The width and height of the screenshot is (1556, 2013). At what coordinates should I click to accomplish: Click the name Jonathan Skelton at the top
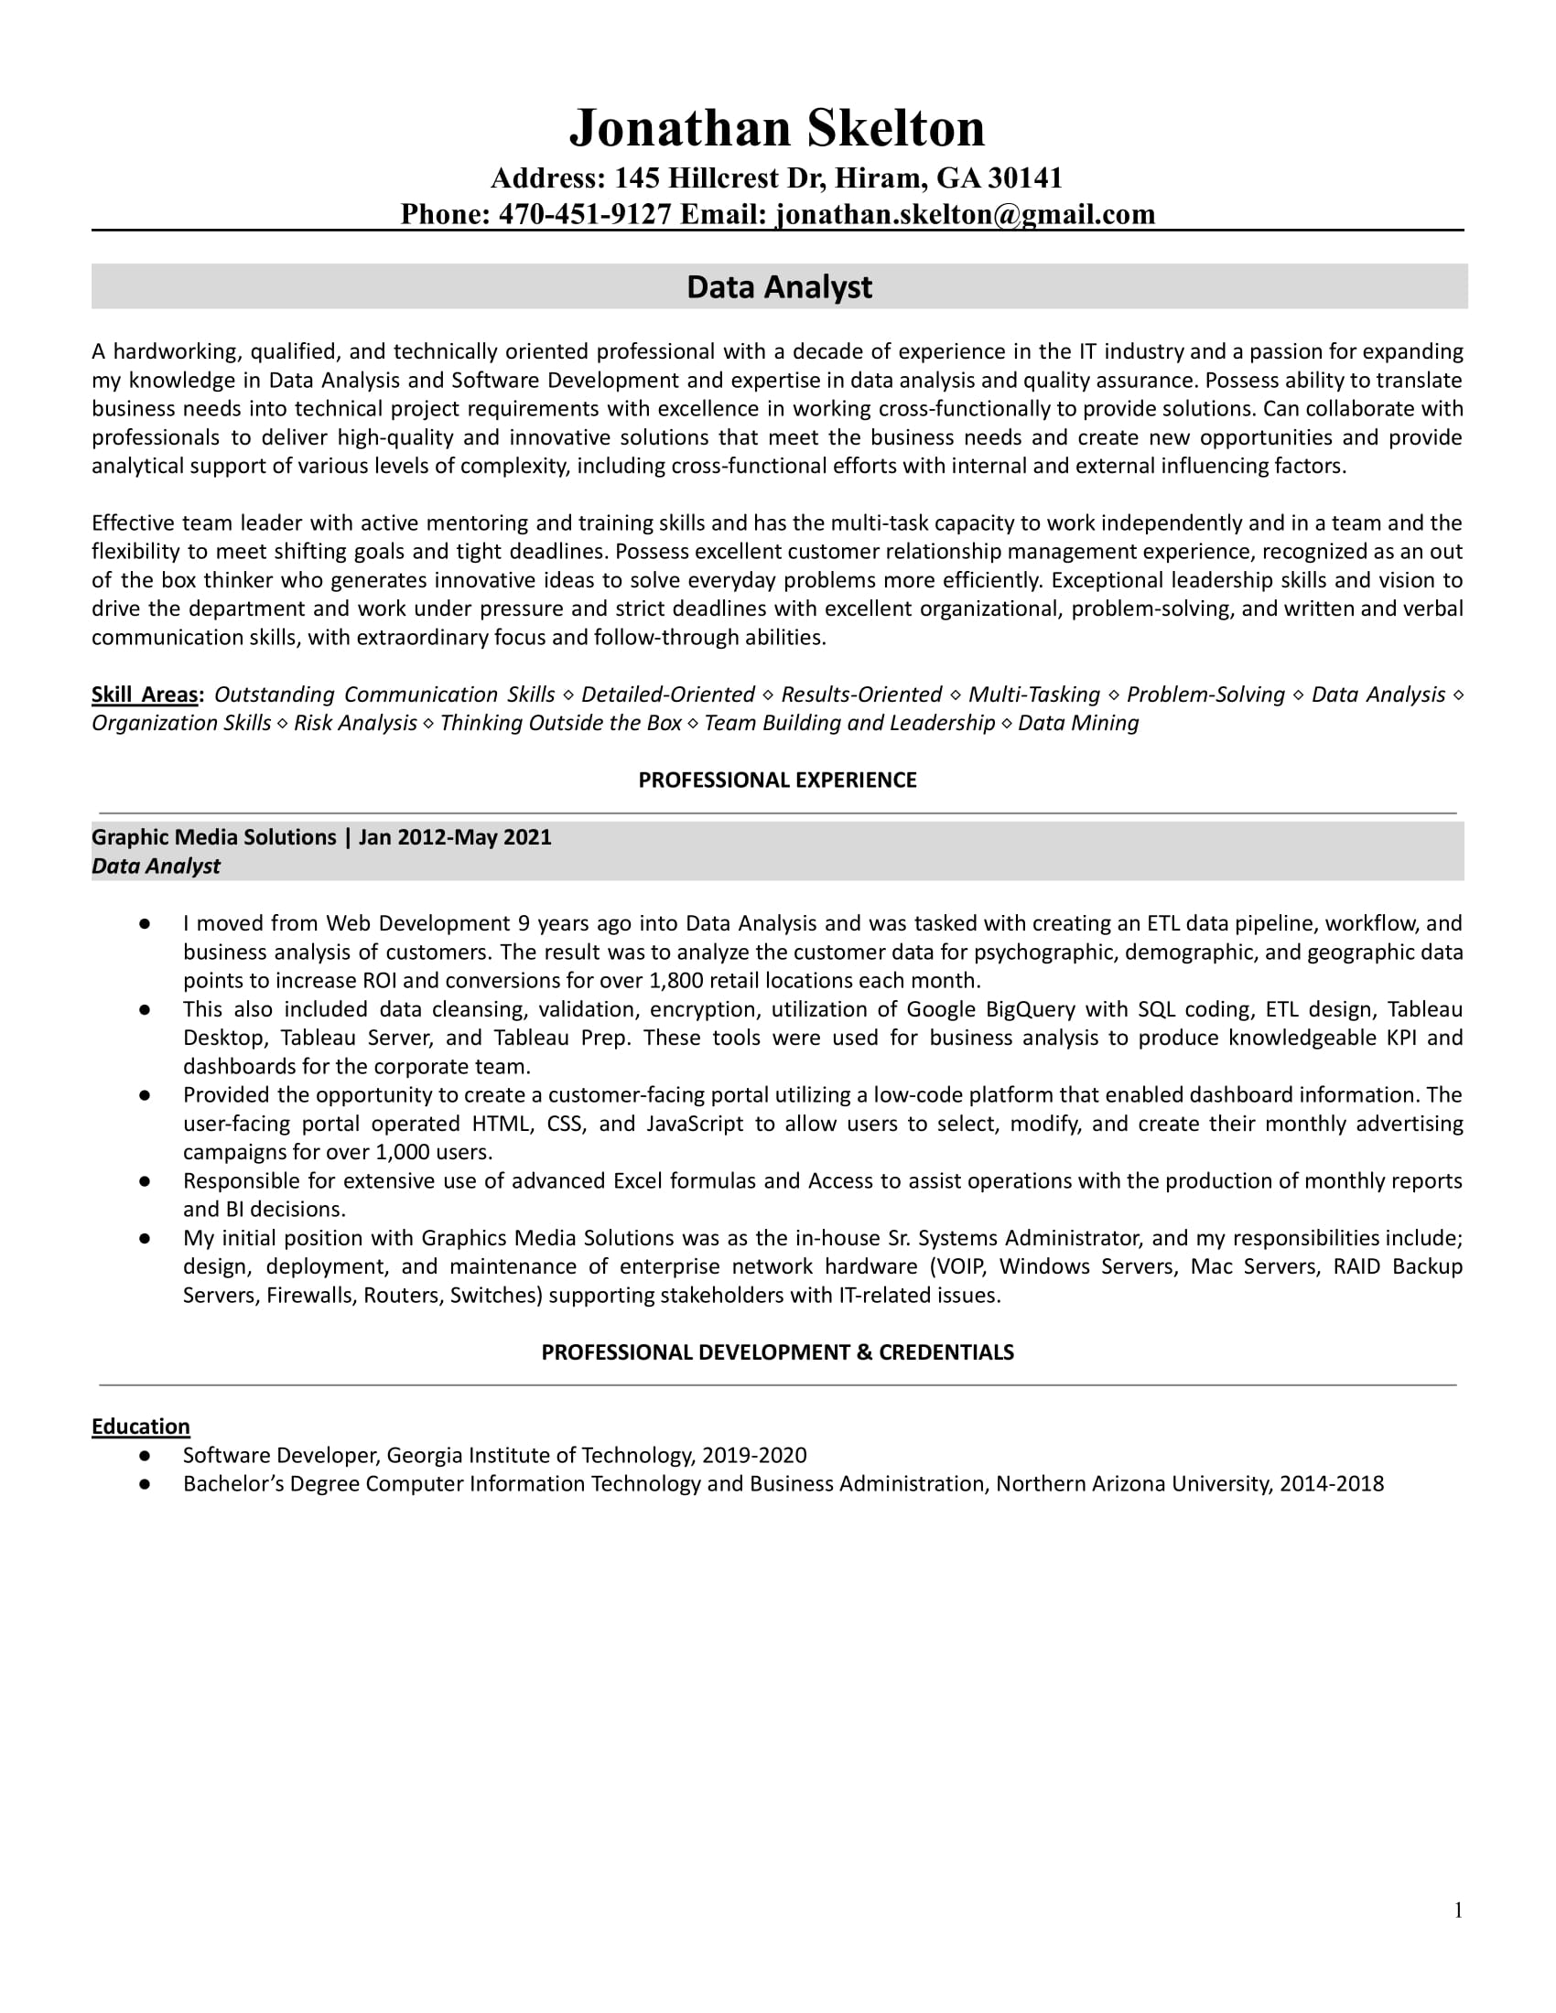(777, 128)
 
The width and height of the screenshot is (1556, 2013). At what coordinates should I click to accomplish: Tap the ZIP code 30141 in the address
(1025, 178)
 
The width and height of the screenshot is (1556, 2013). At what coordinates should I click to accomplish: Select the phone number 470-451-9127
(585, 214)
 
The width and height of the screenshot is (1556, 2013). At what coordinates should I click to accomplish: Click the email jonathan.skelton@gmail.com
(965, 214)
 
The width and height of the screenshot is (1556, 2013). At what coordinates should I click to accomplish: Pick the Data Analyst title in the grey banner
(779, 286)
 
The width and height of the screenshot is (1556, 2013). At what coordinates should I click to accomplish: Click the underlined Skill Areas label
(146, 695)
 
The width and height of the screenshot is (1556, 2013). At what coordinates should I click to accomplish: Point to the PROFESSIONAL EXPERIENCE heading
(777, 780)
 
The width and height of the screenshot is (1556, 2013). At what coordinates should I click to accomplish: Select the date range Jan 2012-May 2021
(455, 837)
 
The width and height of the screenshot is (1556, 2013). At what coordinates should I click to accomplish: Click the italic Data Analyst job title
(156, 867)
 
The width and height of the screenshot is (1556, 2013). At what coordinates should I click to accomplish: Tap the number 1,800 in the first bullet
(675, 981)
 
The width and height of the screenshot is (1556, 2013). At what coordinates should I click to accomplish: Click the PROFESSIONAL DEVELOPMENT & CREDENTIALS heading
(777, 1352)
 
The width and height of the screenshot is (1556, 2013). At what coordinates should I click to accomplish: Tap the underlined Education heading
(140, 1426)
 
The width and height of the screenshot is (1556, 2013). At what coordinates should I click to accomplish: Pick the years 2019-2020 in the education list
(754, 1456)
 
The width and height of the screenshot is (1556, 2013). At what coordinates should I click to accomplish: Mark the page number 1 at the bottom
(1458, 1911)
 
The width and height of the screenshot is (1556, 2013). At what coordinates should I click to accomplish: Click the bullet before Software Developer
(145, 1456)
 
